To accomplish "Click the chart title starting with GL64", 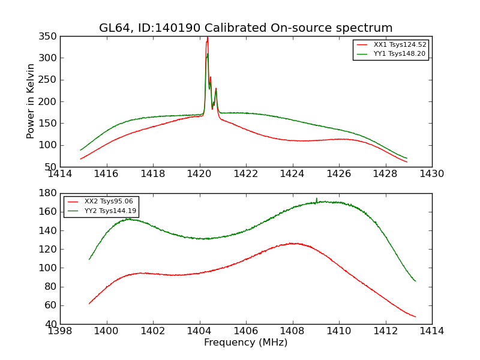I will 246,28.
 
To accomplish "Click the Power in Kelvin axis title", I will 31,101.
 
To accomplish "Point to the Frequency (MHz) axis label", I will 246,343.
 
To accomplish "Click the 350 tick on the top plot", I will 50,37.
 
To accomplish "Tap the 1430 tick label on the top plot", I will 431,174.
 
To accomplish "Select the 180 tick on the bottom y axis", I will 50,193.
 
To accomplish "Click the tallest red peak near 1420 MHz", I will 208,38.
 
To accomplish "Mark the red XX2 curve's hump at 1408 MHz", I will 293,243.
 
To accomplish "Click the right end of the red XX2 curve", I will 415,317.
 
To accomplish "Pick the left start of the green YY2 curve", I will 89,259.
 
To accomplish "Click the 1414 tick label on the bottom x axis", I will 431,331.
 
